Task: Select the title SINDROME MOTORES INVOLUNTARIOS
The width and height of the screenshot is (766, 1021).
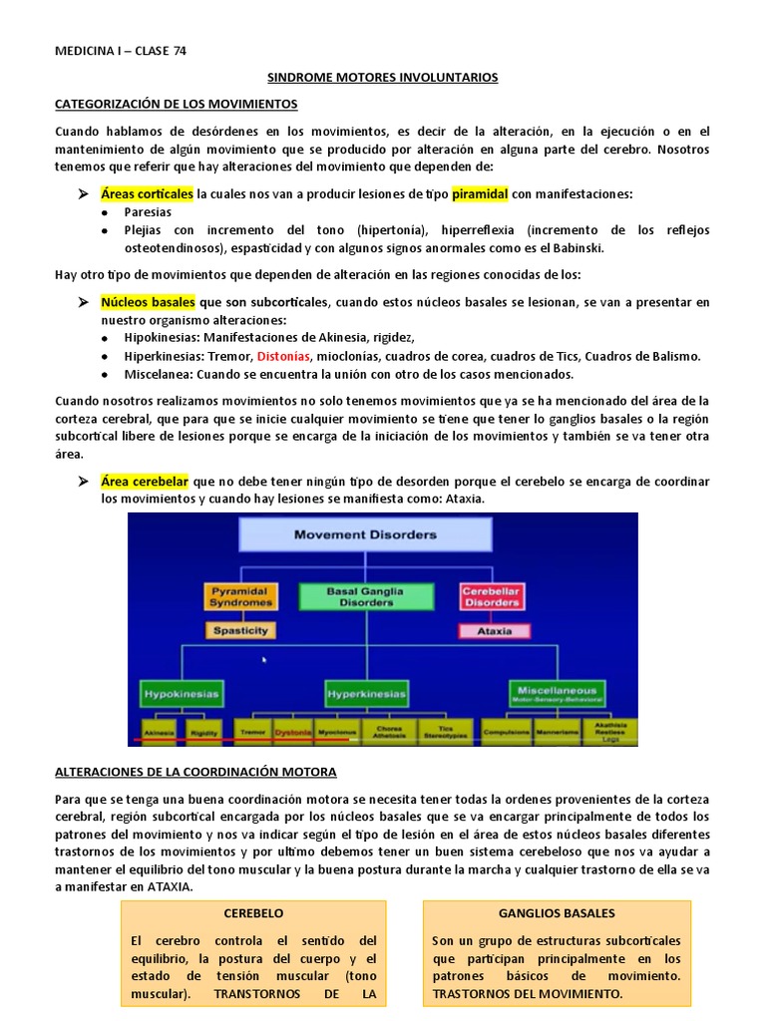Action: (384, 77)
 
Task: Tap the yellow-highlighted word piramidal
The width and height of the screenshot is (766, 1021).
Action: (480, 193)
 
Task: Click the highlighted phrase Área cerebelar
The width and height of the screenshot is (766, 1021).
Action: (145, 482)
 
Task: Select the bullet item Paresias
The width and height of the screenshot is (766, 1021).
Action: (148, 211)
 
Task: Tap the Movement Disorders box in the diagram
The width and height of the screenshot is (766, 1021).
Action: (364, 534)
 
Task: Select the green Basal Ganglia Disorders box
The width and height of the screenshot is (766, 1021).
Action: (366, 597)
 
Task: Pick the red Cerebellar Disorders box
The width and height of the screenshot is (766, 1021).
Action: (491, 597)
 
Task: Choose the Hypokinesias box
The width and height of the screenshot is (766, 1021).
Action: (181, 692)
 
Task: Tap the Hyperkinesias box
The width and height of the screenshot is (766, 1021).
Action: (366, 692)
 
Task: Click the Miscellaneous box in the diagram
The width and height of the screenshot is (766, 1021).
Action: (558, 692)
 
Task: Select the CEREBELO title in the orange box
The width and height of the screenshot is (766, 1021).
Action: (253, 912)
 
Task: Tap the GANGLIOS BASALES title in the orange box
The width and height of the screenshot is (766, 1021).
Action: (557, 912)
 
